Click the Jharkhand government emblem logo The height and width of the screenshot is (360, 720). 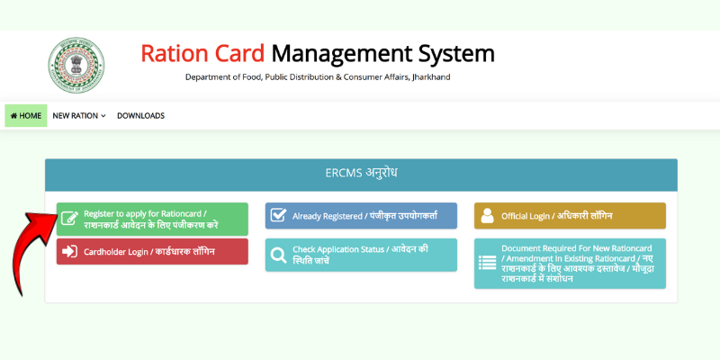point(76,66)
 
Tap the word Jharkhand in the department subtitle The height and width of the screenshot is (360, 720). point(431,77)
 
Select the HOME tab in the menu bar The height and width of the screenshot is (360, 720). point(25,116)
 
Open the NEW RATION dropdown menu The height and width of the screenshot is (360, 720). point(79,116)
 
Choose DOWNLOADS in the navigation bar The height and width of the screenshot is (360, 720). point(140,116)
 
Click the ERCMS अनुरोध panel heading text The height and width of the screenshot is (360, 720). point(361,172)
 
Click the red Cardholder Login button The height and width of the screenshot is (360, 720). point(152,252)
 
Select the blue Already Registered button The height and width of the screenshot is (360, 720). point(361,216)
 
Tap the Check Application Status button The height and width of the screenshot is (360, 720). point(361,255)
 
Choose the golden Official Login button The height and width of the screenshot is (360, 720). point(570,216)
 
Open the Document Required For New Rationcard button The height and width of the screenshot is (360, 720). point(570,263)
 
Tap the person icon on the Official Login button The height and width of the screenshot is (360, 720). point(487,216)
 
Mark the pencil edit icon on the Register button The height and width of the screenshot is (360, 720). point(69,219)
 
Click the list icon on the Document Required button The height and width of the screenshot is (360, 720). point(487,263)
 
